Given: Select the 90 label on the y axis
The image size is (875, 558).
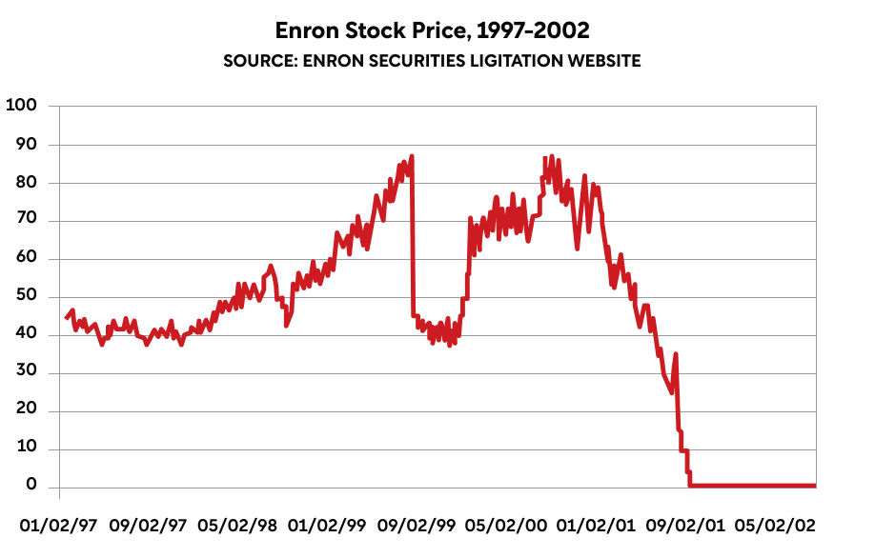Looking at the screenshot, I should point(26,145).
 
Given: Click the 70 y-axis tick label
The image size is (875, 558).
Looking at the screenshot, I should point(26,221).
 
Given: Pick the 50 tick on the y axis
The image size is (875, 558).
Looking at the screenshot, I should point(26,297).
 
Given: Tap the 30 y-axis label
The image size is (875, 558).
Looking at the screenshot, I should point(26,373).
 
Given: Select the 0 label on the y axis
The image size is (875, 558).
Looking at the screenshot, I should point(31,487).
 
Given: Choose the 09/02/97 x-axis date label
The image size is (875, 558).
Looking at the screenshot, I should point(148,526).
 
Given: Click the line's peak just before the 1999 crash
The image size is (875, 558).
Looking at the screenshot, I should point(412,156).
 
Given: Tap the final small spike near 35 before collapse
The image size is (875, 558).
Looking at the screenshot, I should point(676,354).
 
